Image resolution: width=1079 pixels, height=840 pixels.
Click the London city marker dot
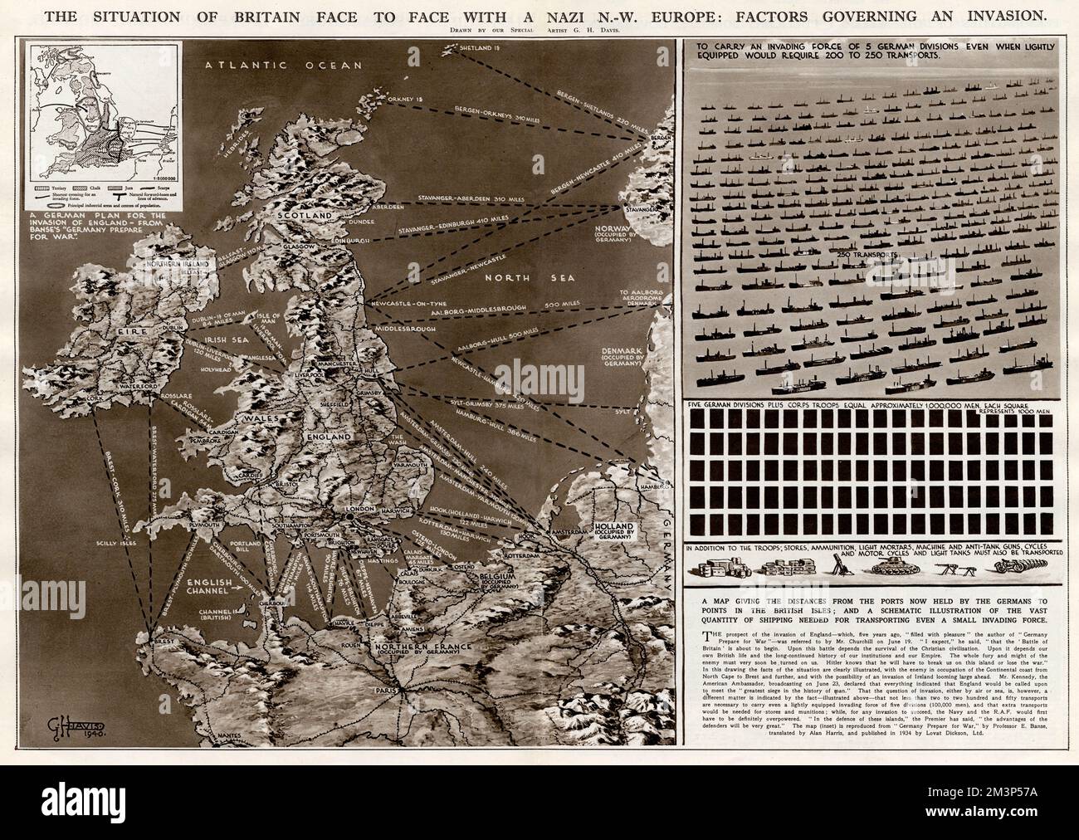(x=350, y=517)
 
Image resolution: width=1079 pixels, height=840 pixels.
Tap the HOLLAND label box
(x=612, y=532)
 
